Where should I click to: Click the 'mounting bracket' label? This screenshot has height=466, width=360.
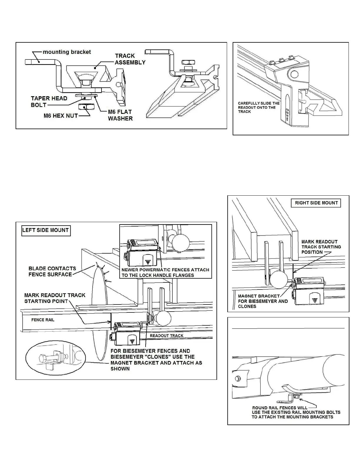pyautogui.click(x=67, y=52)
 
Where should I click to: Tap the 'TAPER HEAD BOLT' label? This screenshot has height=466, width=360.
pyautogui.click(x=49, y=101)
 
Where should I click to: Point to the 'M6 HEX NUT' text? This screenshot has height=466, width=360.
pyautogui.click(x=61, y=116)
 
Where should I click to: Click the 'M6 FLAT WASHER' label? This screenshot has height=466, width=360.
pyautogui.click(x=120, y=115)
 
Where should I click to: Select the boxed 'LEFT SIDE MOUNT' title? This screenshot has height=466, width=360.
pyautogui.click(x=46, y=230)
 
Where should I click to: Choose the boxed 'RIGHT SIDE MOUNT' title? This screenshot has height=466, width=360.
pyautogui.click(x=316, y=203)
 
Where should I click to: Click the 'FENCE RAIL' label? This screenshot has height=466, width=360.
pyautogui.click(x=43, y=320)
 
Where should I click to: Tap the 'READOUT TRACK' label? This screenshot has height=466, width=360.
pyautogui.click(x=166, y=336)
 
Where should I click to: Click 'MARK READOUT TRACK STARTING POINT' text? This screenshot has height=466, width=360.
pyautogui.click(x=55, y=298)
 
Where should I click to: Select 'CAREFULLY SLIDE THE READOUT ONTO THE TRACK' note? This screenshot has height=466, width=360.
pyautogui.click(x=259, y=107)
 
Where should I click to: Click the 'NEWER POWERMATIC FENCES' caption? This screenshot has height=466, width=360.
pyautogui.click(x=165, y=272)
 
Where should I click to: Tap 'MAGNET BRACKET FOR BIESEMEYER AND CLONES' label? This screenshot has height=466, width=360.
pyautogui.click(x=263, y=301)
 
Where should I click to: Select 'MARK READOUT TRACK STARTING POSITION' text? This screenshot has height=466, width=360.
pyautogui.click(x=321, y=247)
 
